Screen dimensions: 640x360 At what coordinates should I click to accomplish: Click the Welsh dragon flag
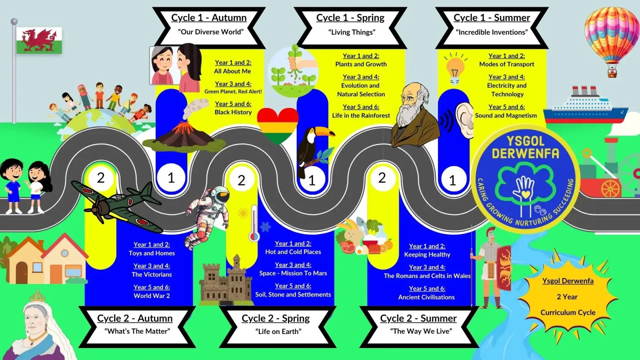tap(39, 40)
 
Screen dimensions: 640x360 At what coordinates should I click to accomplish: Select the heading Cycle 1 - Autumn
tap(209, 18)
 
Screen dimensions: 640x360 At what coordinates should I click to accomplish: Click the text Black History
tap(233, 112)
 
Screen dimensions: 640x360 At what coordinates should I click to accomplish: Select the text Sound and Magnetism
tap(506, 116)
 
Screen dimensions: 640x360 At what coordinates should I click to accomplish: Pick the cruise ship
tap(586, 106)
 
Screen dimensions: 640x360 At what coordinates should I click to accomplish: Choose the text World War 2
tap(152, 296)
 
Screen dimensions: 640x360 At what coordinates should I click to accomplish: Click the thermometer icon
tap(254, 224)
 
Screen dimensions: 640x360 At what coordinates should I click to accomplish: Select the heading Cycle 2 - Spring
tap(276, 318)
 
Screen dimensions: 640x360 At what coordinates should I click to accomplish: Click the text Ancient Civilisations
tap(426, 297)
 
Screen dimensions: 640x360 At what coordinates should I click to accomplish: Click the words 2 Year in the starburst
tap(567, 297)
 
